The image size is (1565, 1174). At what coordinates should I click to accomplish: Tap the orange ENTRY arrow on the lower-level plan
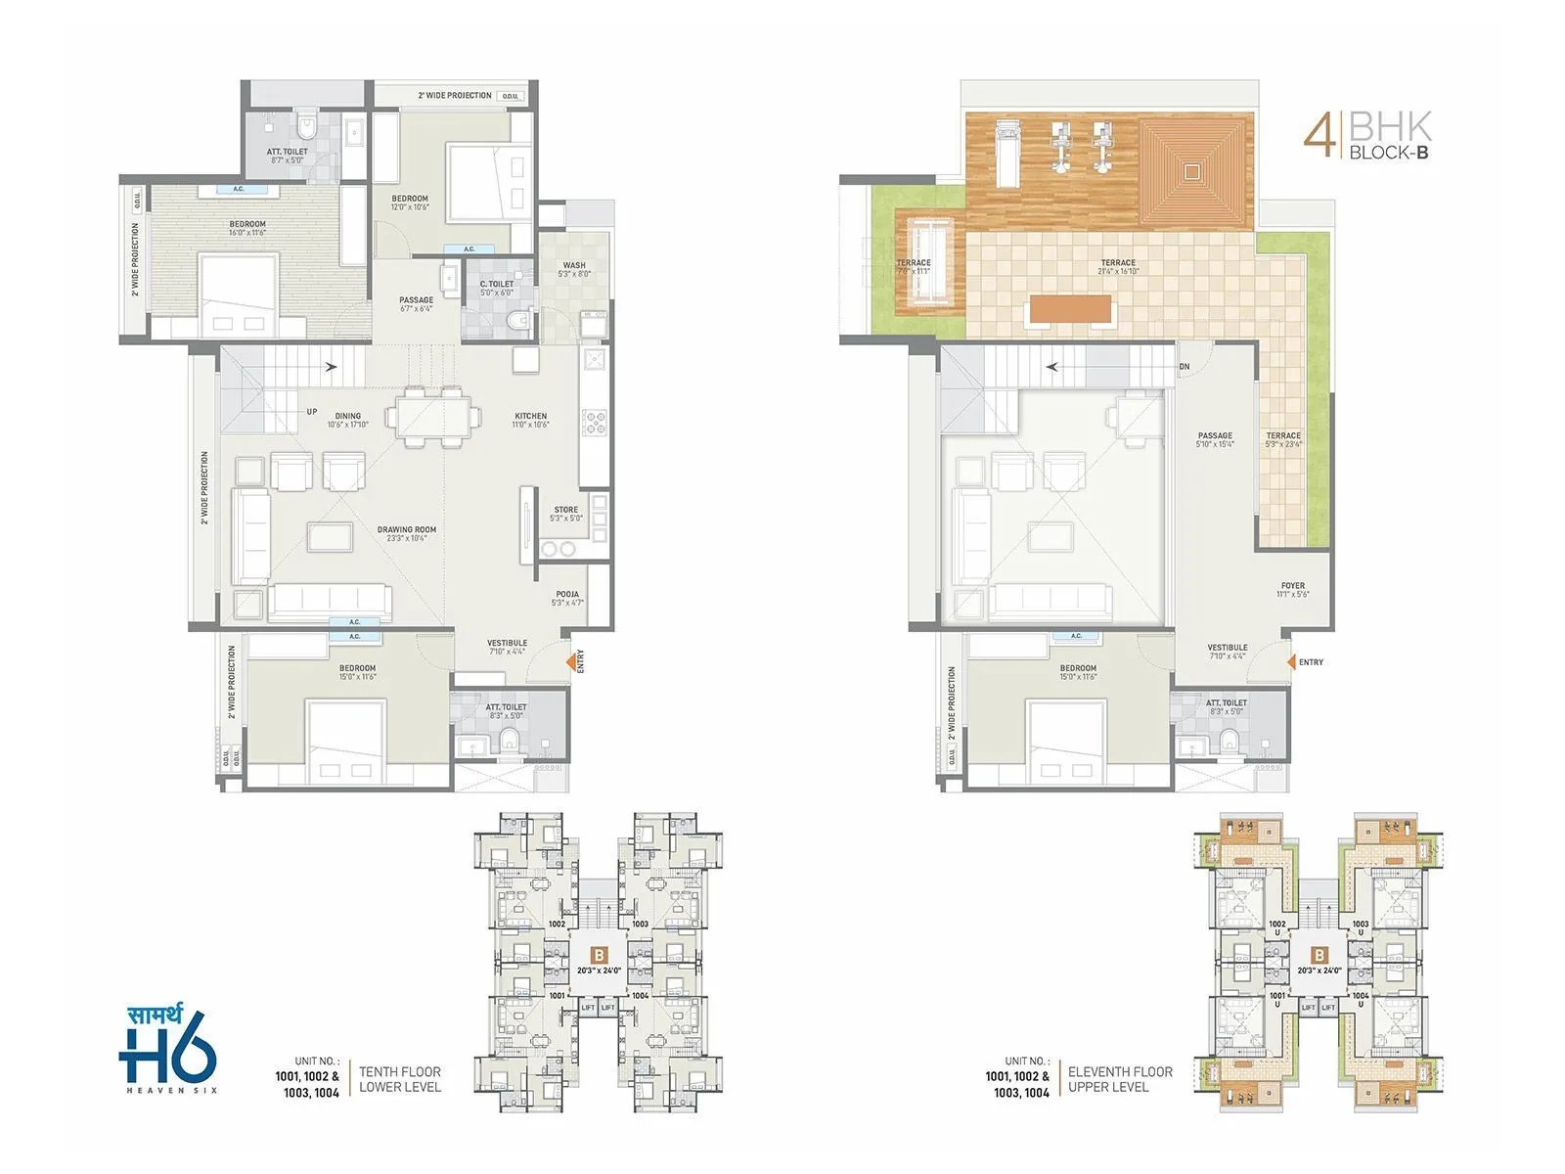coord(570,662)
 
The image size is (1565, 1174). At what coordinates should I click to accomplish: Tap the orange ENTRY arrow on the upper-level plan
coord(1291,662)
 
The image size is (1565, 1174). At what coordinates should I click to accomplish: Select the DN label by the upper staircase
coord(1185,367)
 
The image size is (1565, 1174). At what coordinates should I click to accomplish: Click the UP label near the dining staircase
coord(312,412)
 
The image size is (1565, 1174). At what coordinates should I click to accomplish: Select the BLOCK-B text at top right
coord(1389,153)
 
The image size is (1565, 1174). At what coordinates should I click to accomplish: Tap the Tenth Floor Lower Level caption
coord(399,1079)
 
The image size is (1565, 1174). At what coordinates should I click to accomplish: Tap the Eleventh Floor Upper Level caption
coord(1120,1079)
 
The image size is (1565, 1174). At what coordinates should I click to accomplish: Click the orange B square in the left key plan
coord(601,954)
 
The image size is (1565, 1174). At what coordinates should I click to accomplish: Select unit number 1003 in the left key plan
coord(640,924)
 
